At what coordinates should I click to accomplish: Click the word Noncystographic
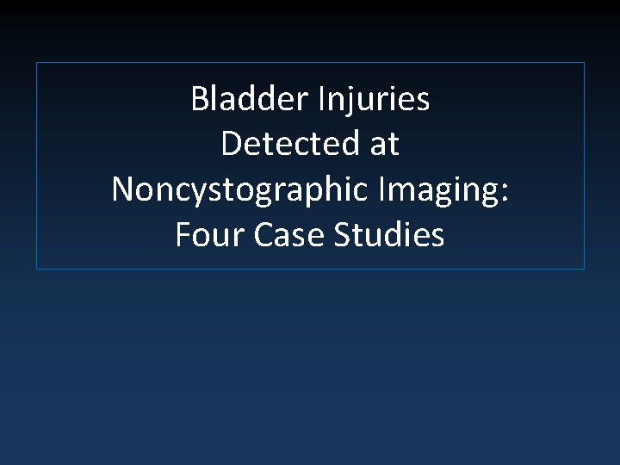pyautogui.click(x=238, y=190)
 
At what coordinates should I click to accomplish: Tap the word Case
pyautogui.click(x=285, y=234)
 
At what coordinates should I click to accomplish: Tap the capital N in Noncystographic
pyautogui.click(x=122, y=190)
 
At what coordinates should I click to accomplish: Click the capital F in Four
pyautogui.click(x=183, y=234)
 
